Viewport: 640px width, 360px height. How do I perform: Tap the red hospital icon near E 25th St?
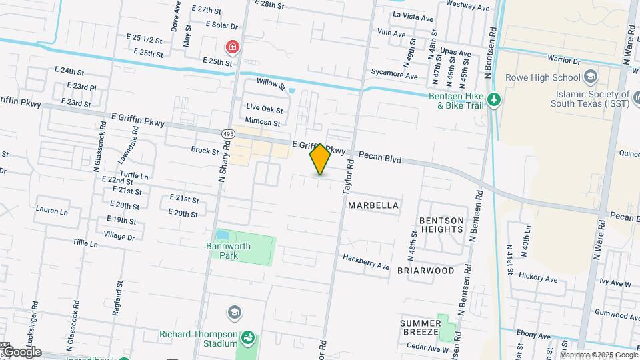click(x=233, y=47)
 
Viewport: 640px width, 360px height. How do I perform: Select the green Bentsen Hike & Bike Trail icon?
click(x=494, y=100)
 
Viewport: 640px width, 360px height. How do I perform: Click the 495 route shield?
click(x=228, y=134)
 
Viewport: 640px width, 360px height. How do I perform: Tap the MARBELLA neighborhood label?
click(x=373, y=205)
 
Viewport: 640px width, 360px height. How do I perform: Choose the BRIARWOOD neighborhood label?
click(x=425, y=271)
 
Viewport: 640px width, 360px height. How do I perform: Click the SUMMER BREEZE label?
click(x=419, y=327)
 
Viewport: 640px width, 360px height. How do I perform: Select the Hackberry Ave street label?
click(x=365, y=261)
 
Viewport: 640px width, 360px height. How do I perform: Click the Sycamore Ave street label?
click(x=395, y=76)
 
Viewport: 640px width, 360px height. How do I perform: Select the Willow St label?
click(x=271, y=85)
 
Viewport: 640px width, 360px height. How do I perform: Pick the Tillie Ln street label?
click(x=85, y=244)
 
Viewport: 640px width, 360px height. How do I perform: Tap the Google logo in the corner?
click(x=21, y=352)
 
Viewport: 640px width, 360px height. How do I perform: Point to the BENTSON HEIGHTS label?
click(x=441, y=225)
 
